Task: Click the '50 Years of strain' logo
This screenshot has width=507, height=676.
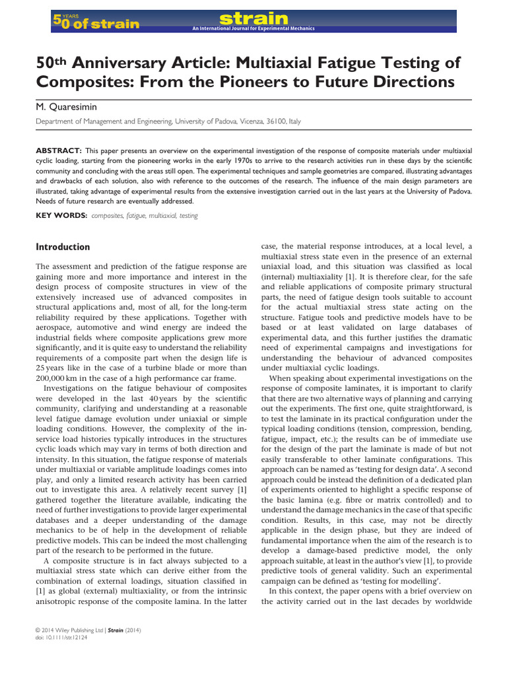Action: pyautogui.click(x=96, y=22)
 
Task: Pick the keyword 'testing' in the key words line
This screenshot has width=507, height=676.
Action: pyautogui.click(x=187, y=215)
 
